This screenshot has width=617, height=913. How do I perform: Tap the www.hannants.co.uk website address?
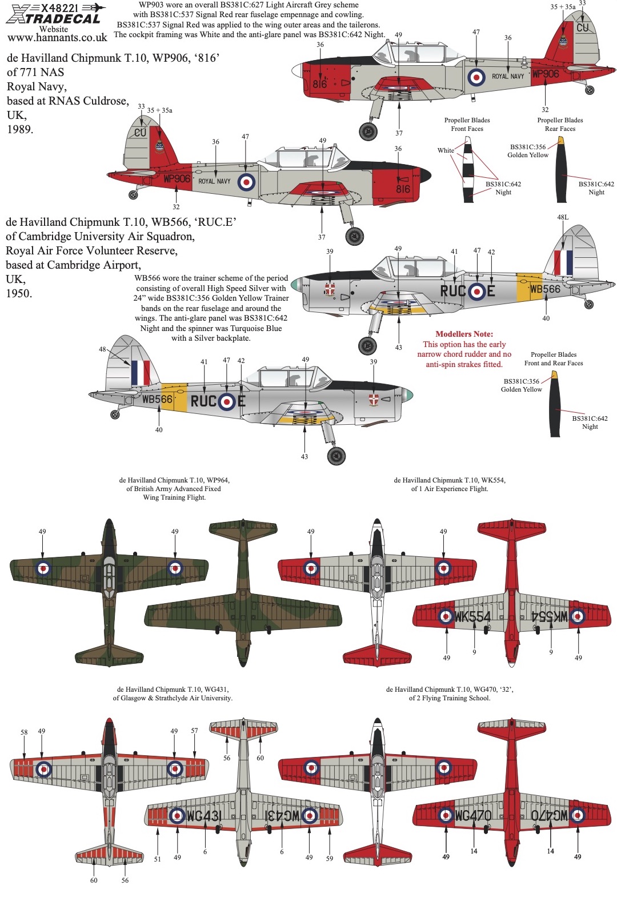[57, 38]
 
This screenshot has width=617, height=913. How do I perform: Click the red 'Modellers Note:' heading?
[464, 334]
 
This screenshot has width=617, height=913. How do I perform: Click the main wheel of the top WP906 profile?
[368, 131]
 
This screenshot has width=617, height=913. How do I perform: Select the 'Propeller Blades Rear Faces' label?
[560, 124]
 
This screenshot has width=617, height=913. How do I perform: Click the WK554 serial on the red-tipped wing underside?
[472, 616]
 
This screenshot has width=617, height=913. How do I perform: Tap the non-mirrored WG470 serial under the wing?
[472, 815]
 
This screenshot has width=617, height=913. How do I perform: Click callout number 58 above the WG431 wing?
[24, 732]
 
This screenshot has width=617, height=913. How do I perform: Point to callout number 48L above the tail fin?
[563, 217]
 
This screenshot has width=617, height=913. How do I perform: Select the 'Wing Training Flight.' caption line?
[174, 497]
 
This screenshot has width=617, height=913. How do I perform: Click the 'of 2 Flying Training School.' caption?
[450, 698]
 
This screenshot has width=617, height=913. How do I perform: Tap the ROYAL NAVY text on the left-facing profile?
[214, 181]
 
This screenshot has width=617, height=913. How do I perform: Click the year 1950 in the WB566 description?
[19, 293]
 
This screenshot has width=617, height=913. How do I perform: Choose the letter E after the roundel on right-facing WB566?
[491, 291]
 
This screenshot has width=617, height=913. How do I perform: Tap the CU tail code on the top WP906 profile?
[582, 27]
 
